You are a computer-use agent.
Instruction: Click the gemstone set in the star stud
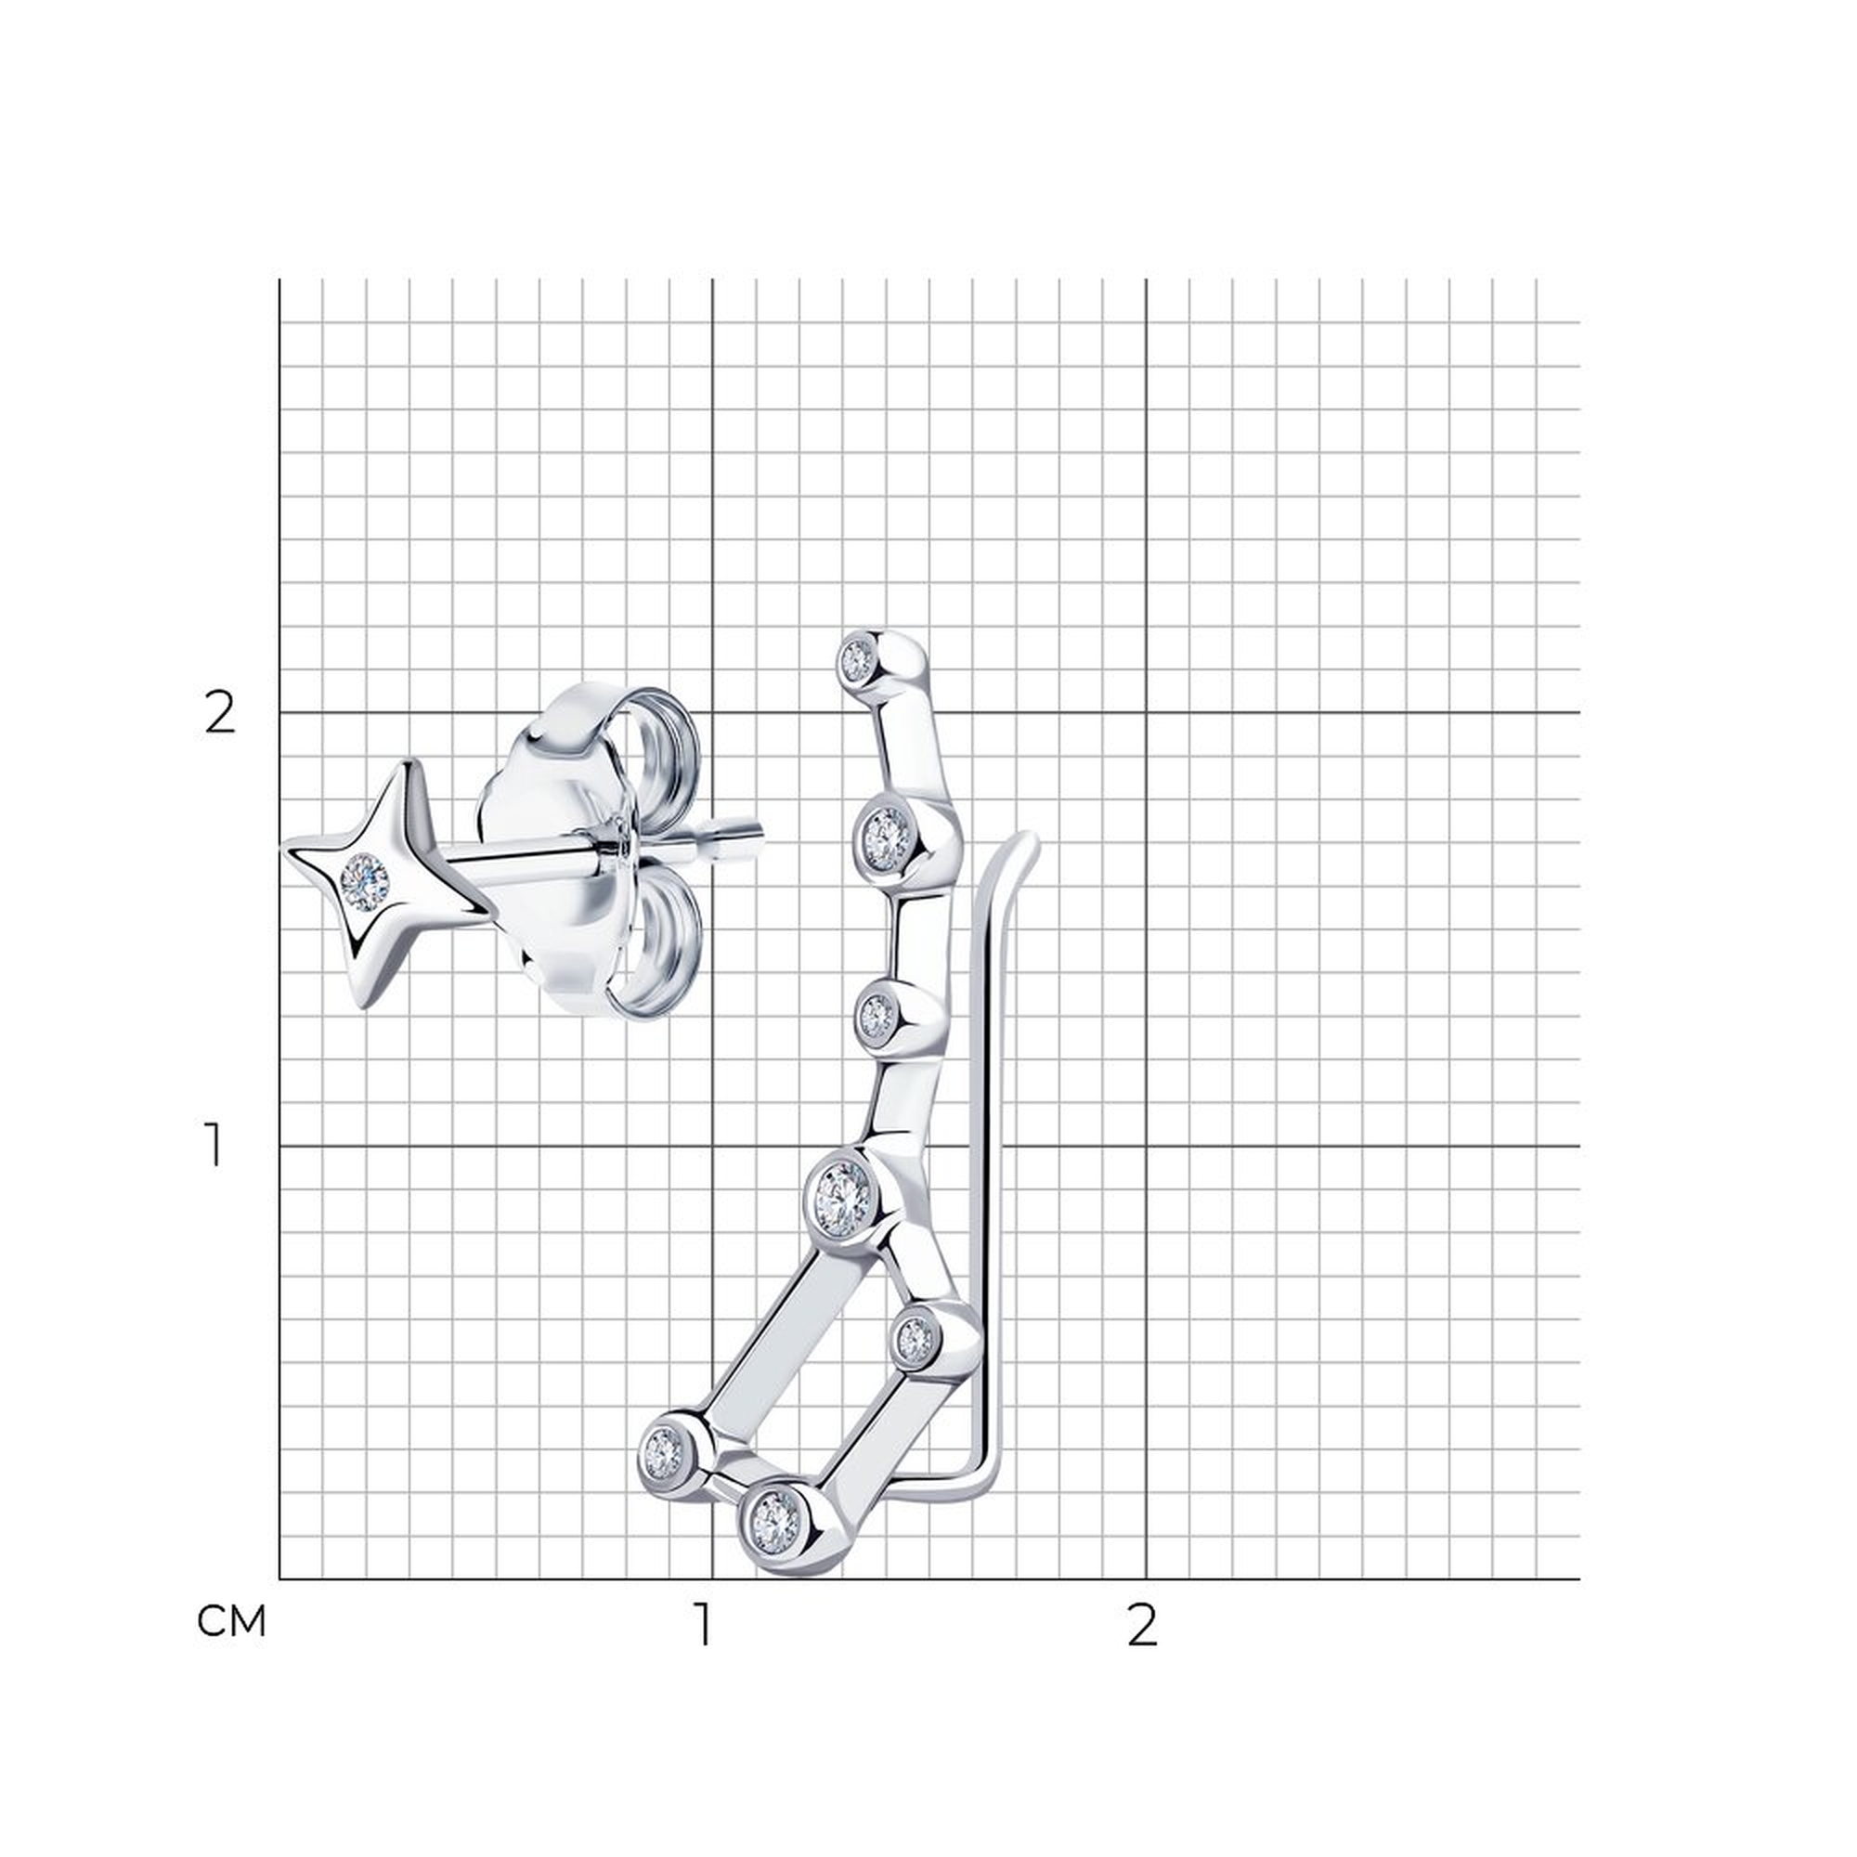364,881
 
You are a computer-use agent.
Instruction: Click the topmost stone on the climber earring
856,659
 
